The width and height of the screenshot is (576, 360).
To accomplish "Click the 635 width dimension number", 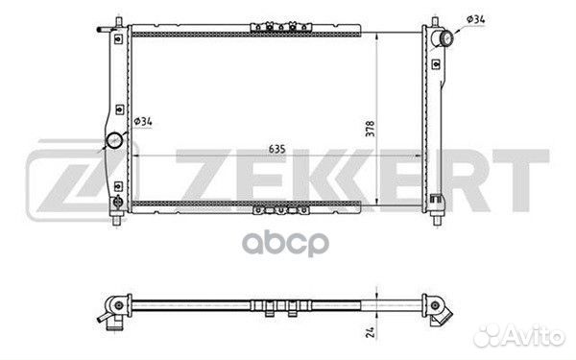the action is [x=277, y=149].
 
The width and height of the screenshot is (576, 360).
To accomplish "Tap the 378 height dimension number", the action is [x=371, y=129].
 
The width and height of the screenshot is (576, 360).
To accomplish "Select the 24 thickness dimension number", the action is [x=371, y=332].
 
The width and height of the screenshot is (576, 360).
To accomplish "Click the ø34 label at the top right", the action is [x=476, y=19].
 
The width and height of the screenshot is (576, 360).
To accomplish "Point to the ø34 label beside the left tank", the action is [x=143, y=121].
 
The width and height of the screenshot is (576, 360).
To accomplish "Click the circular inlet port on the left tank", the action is [x=114, y=140].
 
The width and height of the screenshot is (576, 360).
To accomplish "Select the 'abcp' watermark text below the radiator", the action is [x=285, y=243].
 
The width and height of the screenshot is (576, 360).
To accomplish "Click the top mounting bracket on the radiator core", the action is [x=281, y=27].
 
